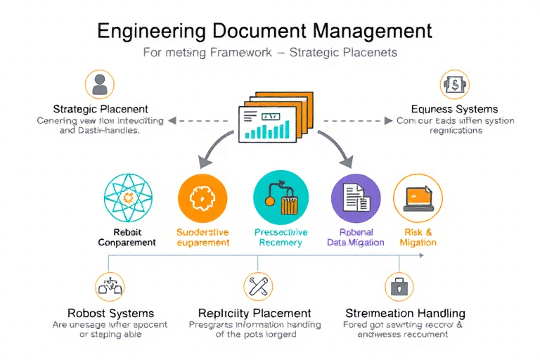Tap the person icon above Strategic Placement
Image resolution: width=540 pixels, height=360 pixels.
tap(100, 84)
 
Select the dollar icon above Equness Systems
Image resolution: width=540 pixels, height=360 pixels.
tap(454, 84)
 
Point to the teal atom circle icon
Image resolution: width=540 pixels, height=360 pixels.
tap(127, 198)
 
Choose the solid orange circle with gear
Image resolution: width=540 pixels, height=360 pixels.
tap(202, 198)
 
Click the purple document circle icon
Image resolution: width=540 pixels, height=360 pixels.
tap(355, 198)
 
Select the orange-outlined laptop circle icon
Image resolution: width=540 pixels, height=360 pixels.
tap(417, 198)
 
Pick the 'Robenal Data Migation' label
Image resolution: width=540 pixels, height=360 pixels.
tap(356, 237)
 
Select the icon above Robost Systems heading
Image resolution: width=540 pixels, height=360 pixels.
tap(110, 287)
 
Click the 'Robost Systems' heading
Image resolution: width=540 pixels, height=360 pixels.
tap(110, 314)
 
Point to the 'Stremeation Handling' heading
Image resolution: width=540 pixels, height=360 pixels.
tap(405, 314)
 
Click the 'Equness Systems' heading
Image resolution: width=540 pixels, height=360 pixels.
tap(454, 109)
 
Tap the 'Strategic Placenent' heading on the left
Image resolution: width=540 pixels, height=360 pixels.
tap(101, 109)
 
